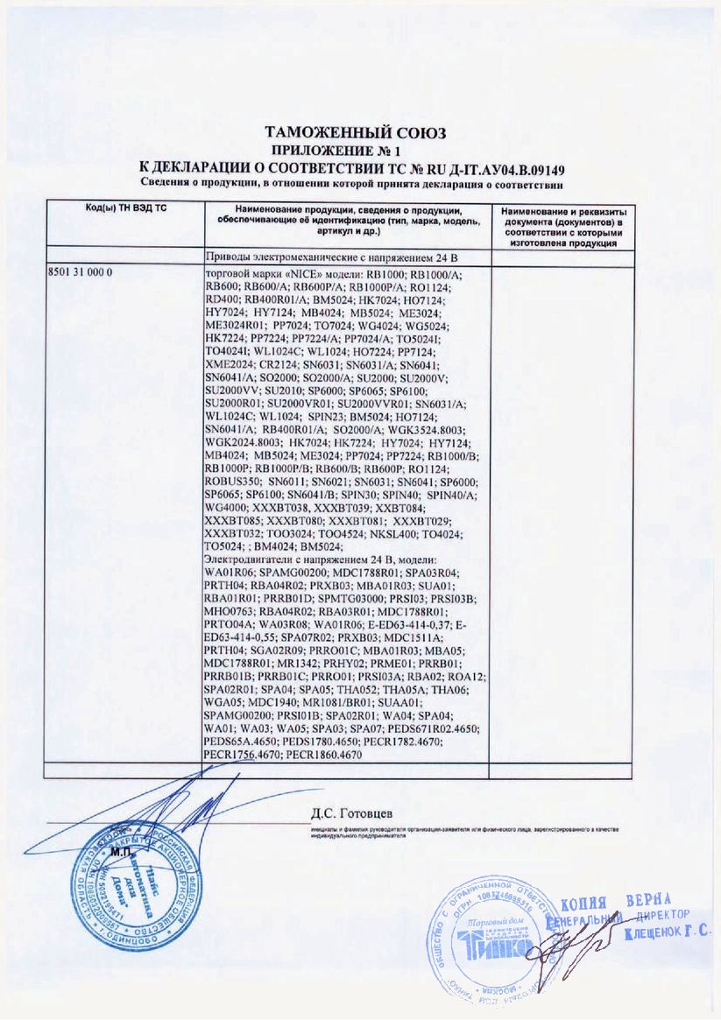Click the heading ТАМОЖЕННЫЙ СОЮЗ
point(356,133)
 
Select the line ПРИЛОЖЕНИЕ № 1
point(354,150)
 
